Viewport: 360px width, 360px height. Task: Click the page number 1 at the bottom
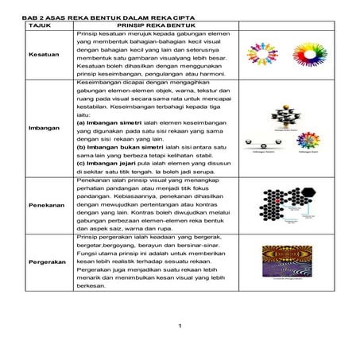tap(180, 326)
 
